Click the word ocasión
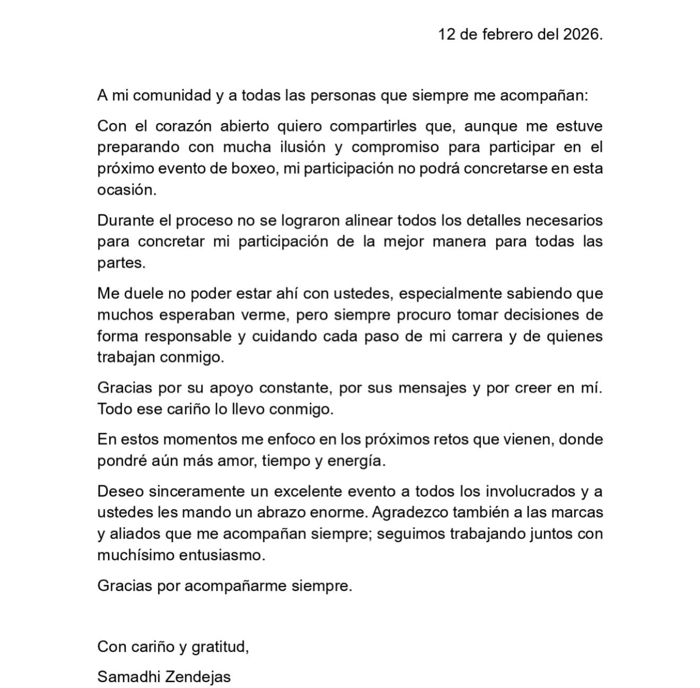(127, 190)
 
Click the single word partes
(121, 263)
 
